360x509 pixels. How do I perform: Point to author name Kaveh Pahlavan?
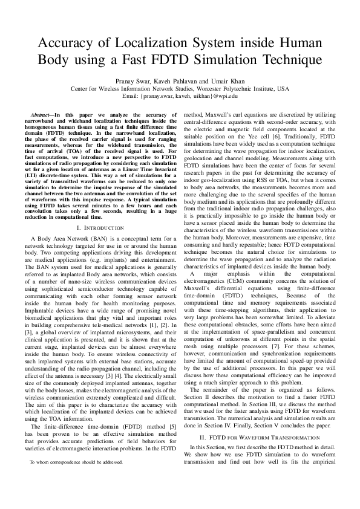click(x=187, y=79)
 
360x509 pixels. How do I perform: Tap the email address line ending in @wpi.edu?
click(x=180, y=96)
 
